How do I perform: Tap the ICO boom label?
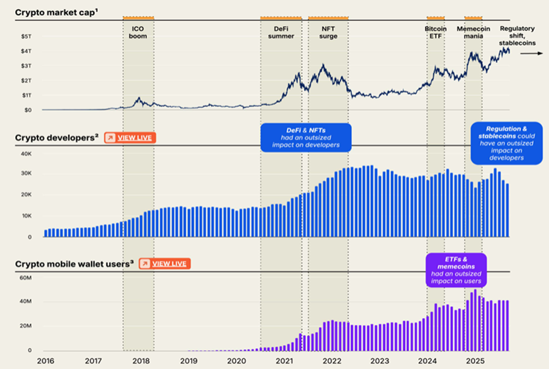tap(138, 32)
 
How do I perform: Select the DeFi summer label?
tap(281, 32)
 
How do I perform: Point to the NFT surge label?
tap(328, 32)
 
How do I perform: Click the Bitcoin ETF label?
tap(436, 32)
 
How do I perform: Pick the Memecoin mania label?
tap(473, 32)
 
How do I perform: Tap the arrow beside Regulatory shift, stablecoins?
tap(530, 53)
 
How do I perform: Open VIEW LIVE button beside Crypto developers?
tap(130, 138)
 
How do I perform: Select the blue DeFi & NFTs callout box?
tap(305, 138)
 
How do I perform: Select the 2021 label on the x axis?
tap(284, 360)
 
